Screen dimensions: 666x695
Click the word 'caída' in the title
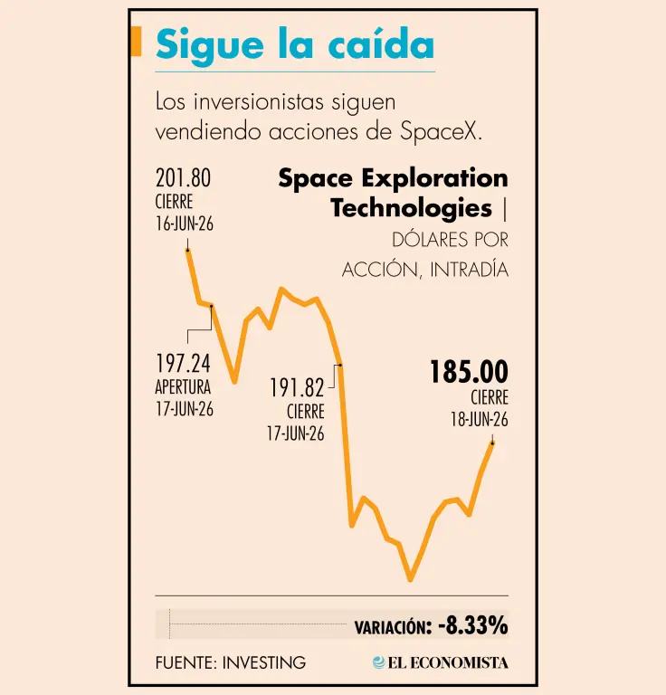381,44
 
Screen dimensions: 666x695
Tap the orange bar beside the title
136,42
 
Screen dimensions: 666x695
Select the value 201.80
183,178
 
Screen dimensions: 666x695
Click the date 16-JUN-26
185,224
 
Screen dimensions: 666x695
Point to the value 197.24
183,364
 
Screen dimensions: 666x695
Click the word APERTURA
183,387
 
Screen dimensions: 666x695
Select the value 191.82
297,388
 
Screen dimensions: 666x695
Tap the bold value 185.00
469,372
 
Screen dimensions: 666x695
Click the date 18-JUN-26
480,419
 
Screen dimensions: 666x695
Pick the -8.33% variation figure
473,626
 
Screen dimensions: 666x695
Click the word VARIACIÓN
393,627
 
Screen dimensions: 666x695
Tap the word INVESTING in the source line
264,662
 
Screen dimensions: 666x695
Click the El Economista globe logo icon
379,662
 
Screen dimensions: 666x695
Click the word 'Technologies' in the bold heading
411,208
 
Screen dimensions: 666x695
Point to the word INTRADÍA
470,269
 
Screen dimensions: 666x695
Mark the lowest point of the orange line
410,578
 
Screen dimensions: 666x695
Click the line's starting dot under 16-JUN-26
188,251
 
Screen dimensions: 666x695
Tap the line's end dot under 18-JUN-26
492,443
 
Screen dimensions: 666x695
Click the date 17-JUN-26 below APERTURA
185,409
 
